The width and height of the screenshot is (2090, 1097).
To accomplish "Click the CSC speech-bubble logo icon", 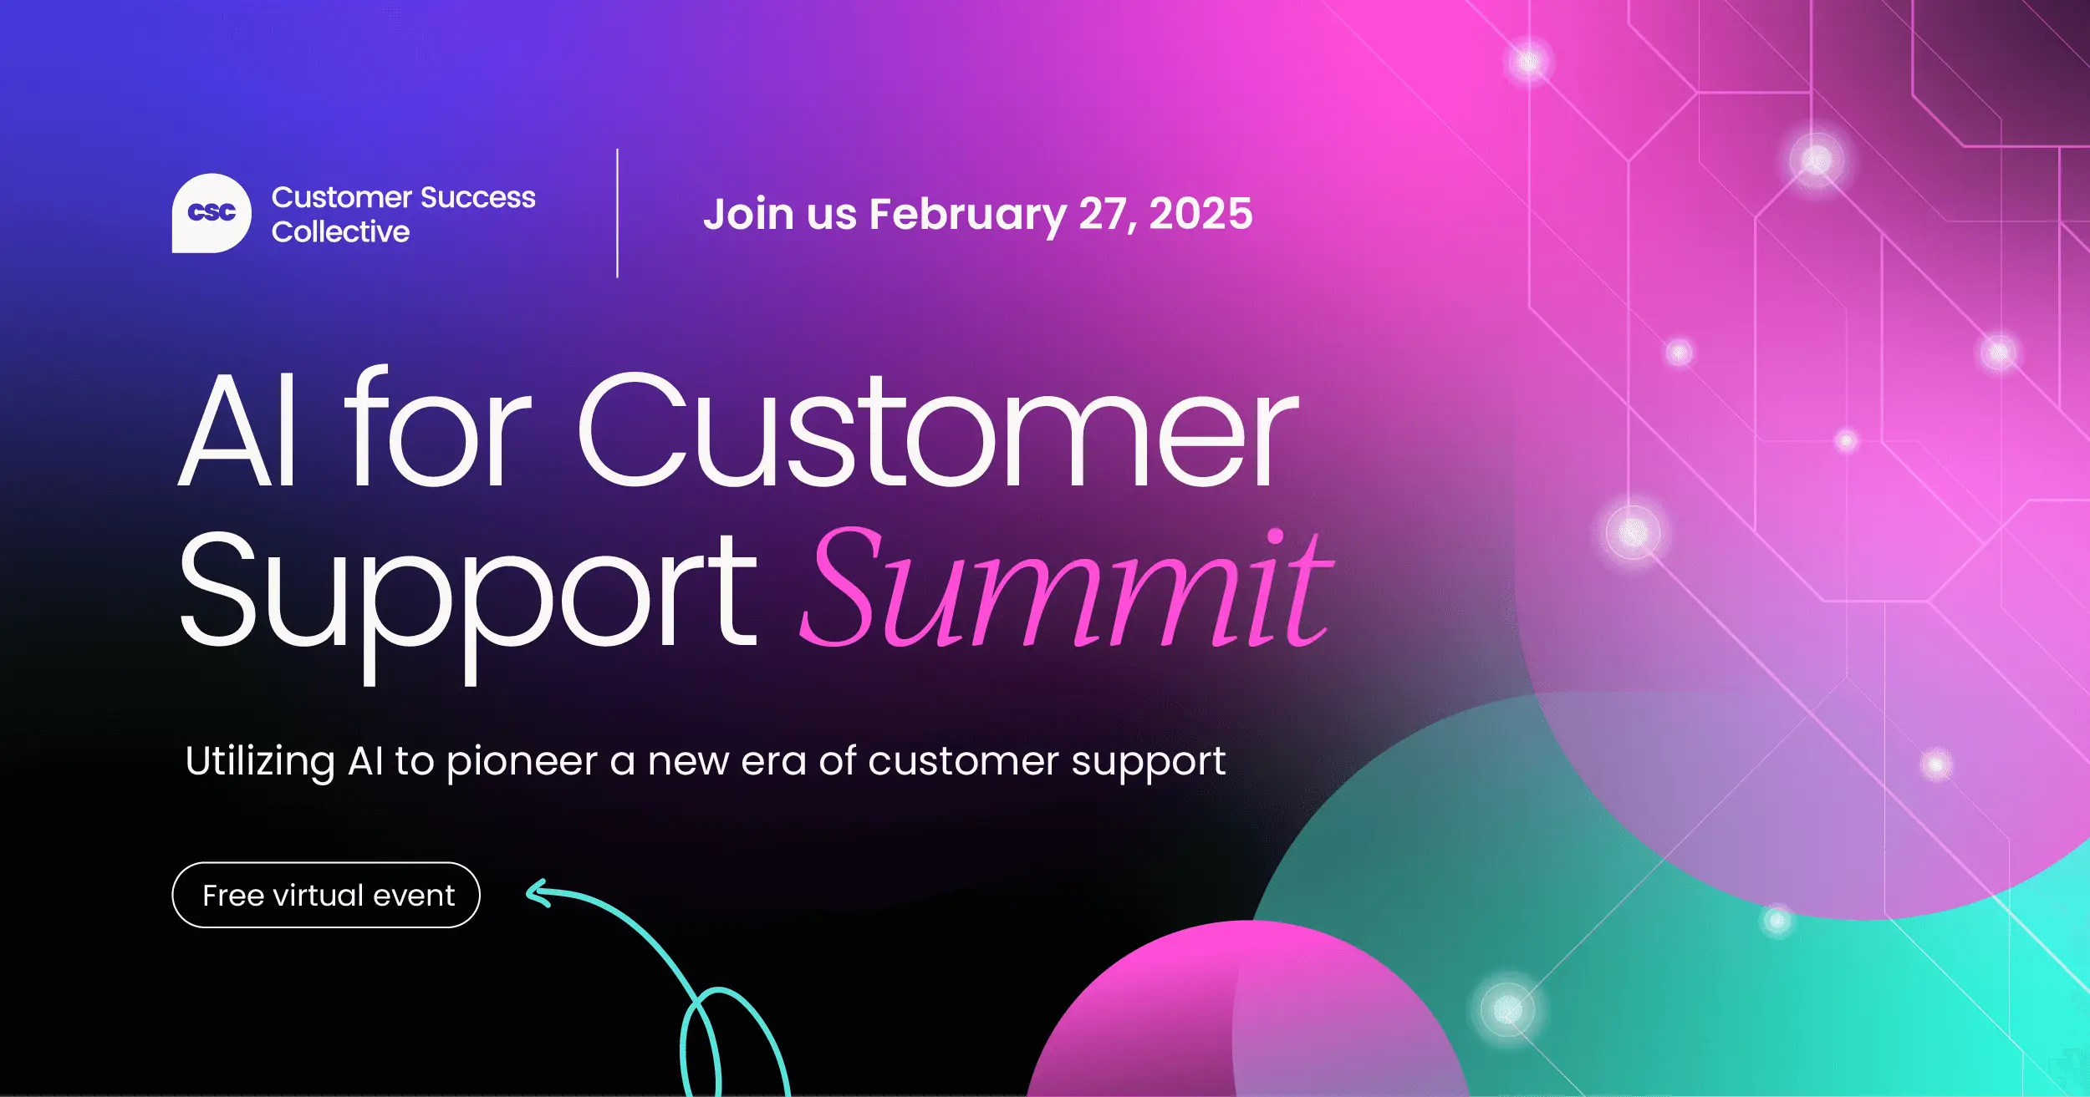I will click(211, 213).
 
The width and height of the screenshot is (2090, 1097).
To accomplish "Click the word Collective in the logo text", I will click(340, 231).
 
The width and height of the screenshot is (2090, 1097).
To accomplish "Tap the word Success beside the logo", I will click(477, 197).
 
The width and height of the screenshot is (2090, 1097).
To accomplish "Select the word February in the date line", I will click(967, 215).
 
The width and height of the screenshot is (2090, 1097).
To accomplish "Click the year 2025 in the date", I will click(1200, 214).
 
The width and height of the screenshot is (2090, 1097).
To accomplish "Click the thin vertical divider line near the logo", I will click(617, 213).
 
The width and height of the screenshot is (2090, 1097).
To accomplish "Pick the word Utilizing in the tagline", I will click(260, 761).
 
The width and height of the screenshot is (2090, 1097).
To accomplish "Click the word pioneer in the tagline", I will click(522, 761).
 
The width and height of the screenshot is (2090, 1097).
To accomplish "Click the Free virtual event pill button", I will click(326, 895).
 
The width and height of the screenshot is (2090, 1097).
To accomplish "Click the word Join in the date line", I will click(747, 215).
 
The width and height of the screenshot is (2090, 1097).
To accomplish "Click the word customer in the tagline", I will click(963, 761).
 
